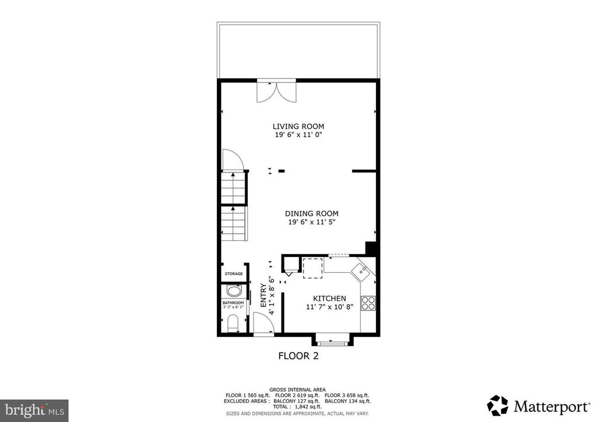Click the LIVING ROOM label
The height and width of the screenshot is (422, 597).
[298, 126]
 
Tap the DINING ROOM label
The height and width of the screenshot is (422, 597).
[311, 213]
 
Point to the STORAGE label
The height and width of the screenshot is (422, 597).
[234, 274]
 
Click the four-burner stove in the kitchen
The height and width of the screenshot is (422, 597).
[368, 303]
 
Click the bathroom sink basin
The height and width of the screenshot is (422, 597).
[234, 291]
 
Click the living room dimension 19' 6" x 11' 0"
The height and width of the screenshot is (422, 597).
[298, 135]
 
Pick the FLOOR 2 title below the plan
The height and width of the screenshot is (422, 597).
[298, 356]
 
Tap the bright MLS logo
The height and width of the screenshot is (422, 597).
[34, 410]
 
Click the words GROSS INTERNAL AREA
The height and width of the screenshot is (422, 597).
[298, 389]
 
